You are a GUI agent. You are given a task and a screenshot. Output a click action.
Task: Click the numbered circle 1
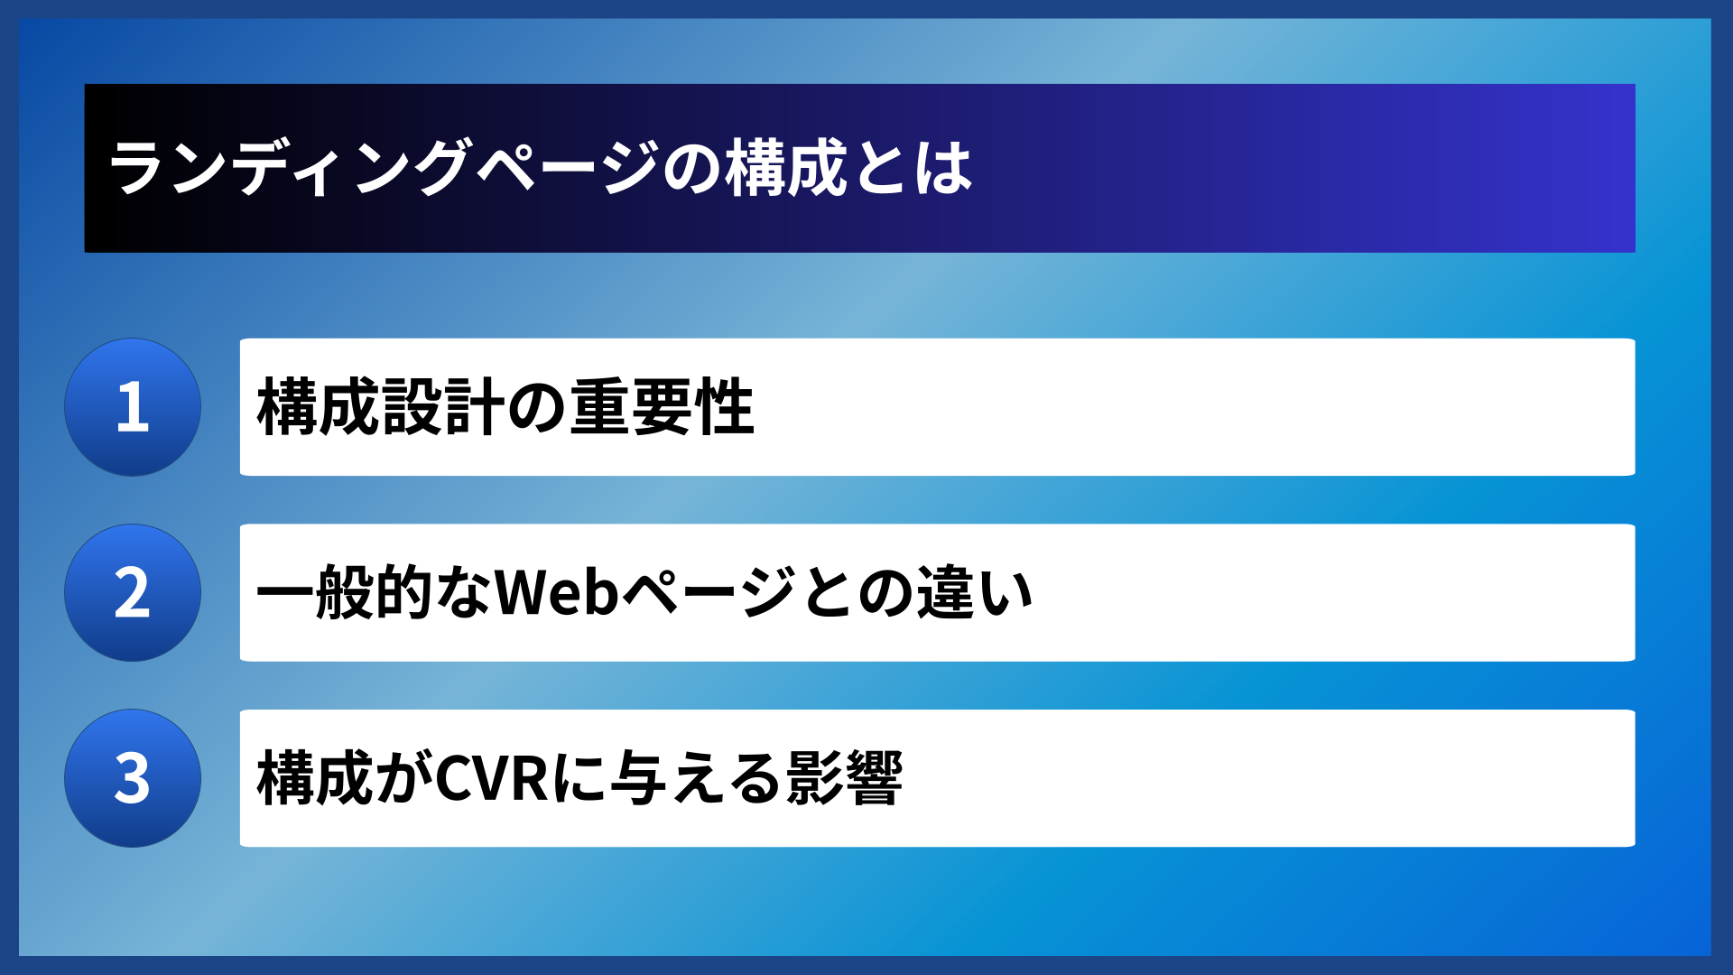point(133,407)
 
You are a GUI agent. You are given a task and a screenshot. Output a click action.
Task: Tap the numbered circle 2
point(133,593)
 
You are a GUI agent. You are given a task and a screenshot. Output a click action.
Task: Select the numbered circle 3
point(133,778)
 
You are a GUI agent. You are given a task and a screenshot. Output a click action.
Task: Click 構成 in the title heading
point(786,168)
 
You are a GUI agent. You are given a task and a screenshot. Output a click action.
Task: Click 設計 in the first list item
point(442,407)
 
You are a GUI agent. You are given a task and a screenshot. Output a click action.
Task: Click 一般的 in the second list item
point(345,593)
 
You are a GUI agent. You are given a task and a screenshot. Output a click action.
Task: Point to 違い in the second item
point(975,593)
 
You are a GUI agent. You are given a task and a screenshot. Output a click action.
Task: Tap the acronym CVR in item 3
point(492,778)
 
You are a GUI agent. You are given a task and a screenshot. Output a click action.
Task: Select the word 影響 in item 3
point(844,778)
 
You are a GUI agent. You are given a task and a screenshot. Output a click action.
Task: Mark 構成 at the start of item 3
point(316,778)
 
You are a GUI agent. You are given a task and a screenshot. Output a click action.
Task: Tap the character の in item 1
point(537,407)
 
